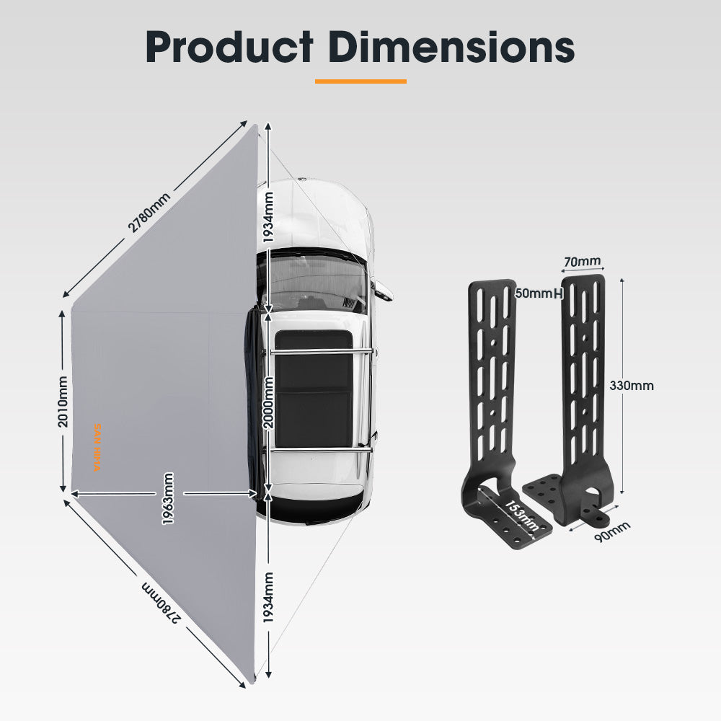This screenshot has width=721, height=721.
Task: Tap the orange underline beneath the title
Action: [x=360, y=81]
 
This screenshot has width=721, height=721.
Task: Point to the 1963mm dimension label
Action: [x=168, y=497]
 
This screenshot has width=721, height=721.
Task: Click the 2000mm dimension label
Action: [x=268, y=402]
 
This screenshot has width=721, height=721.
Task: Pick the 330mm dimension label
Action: [x=632, y=385]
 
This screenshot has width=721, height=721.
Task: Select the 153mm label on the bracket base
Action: [x=520, y=513]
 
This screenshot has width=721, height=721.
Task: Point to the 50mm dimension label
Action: [x=534, y=293]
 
